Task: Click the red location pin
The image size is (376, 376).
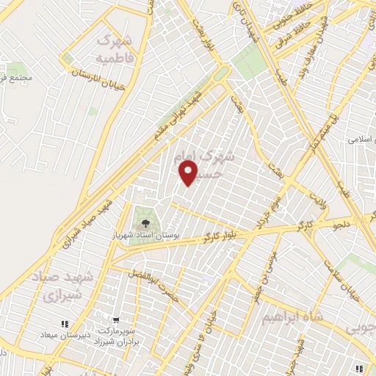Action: pyautogui.click(x=189, y=172)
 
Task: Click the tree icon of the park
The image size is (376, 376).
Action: pyautogui.click(x=144, y=220)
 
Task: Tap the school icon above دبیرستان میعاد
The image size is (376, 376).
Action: pyautogui.click(x=64, y=323)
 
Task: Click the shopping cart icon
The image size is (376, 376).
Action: pyautogui.click(x=115, y=321)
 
